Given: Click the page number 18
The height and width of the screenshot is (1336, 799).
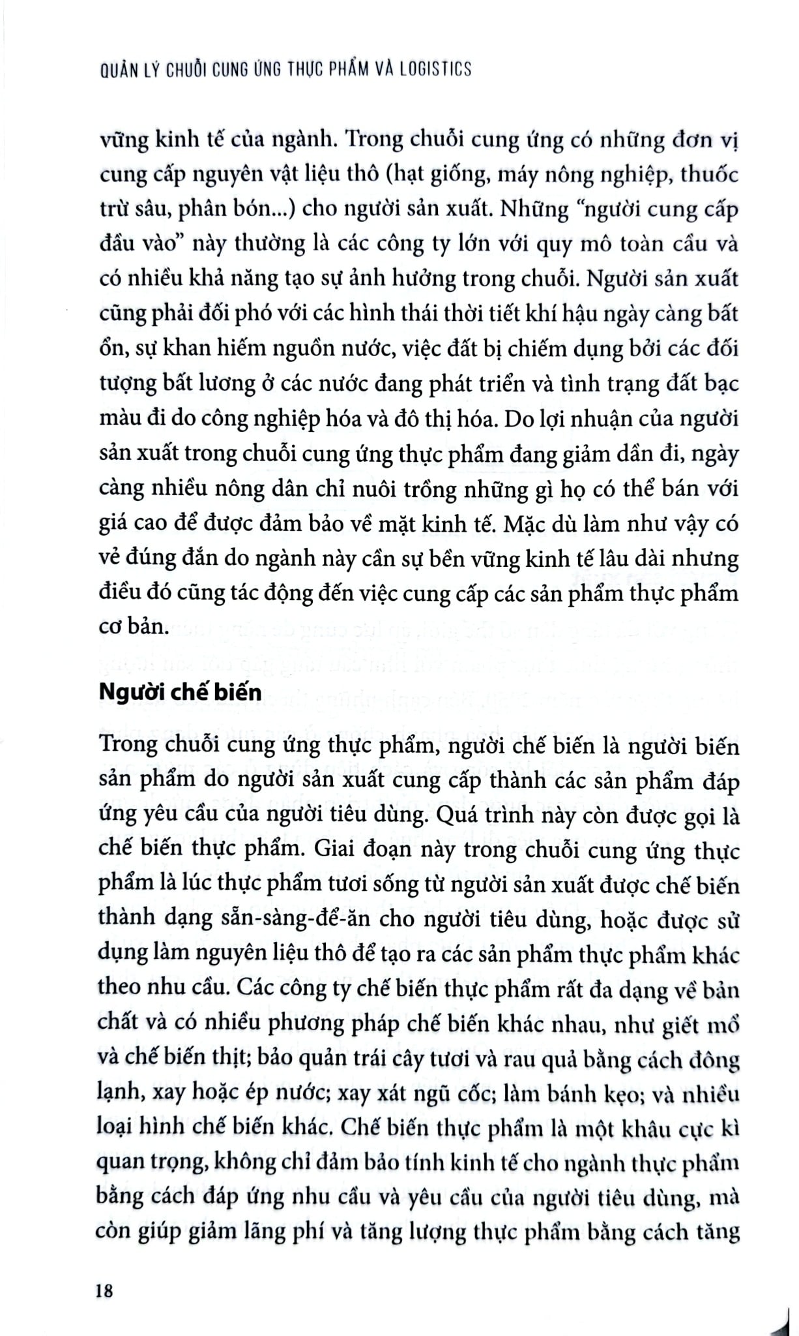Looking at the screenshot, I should coord(104,1290).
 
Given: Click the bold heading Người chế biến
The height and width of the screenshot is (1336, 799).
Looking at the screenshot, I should coord(180,691).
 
